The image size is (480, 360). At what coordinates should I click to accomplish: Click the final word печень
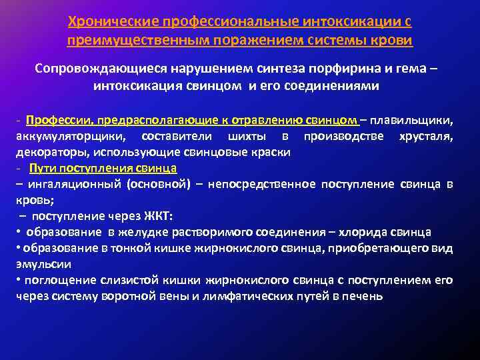click(363, 295)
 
